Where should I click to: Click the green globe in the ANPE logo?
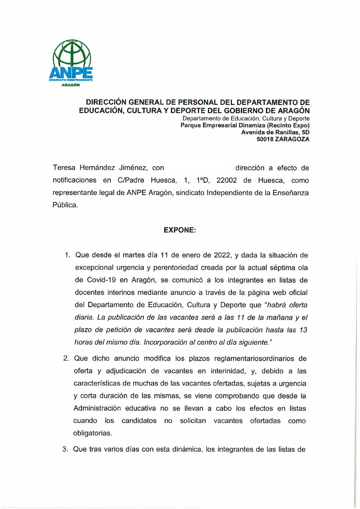pyautogui.click(x=72, y=53)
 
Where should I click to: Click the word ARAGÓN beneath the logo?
pyautogui.click(x=71, y=85)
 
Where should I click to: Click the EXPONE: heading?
pyautogui.click(x=180, y=230)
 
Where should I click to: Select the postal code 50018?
pyautogui.click(x=264, y=139)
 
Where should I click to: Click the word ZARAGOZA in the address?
pyautogui.click(x=292, y=139)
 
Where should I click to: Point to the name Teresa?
pyautogui.click(x=64, y=168)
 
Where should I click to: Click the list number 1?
pyautogui.click(x=67, y=255)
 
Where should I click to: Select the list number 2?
pyautogui.click(x=66, y=359)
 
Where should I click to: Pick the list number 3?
pyautogui.click(x=65, y=449)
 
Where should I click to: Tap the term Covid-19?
pyautogui.click(x=101, y=280)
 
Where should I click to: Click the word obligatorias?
pyautogui.click(x=92, y=433)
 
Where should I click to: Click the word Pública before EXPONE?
pyautogui.click(x=65, y=205)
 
